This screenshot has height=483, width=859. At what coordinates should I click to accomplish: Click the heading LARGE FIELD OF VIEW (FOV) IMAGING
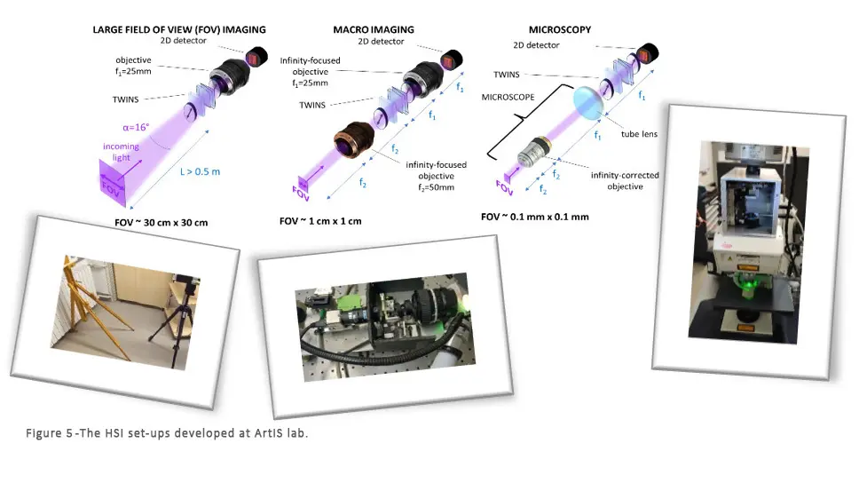[x=179, y=29]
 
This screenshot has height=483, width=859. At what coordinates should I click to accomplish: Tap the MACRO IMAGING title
[x=374, y=29]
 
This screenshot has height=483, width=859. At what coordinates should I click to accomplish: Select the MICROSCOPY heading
[x=560, y=29]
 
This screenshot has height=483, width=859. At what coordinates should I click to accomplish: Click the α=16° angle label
[x=136, y=127]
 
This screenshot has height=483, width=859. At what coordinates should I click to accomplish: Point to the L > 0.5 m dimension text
[x=200, y=171]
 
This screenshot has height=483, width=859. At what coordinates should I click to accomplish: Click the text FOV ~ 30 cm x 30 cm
[x=162, y=223]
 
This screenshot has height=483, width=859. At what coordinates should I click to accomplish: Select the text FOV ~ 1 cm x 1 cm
[x=320, y=221]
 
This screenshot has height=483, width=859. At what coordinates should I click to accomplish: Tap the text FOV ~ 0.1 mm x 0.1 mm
[x=535, y=217]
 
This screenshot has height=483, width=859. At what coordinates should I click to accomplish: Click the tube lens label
[x=639, y=134]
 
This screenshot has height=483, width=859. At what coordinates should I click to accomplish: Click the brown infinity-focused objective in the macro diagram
[x=353, y=139]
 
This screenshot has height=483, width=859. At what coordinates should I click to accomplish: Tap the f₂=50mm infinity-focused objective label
[x=436, y=176]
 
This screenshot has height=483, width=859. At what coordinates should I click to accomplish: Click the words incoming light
[x=121, y=152]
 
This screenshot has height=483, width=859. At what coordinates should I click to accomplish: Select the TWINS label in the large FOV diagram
[x=125, y=99]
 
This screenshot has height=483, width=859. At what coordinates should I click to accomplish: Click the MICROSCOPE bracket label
[x=508, y=97]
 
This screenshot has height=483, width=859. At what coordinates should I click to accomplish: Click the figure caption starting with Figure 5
[x=167, y=433]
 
